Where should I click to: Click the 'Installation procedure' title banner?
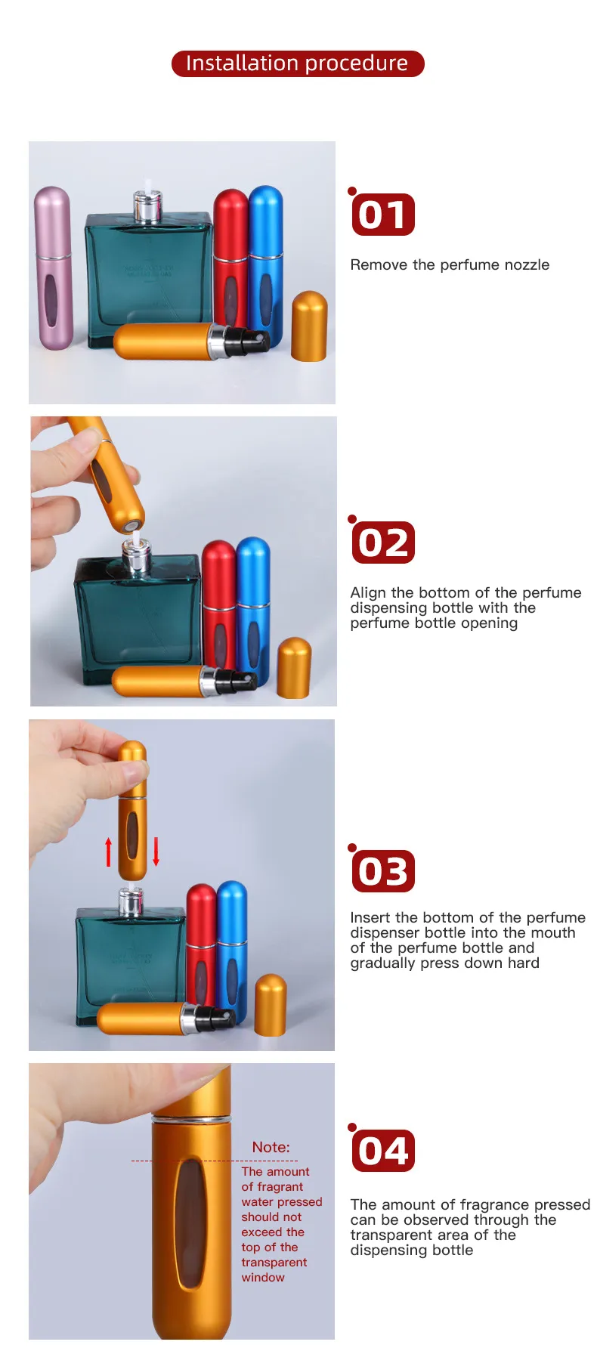pyautogui.click(x=298, y=63)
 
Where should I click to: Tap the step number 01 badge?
pyautogui.click(x=383, y=215)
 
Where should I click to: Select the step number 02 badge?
pyautogui.click(x=383, y=543)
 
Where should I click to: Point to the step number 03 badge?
pyautogui.click(x=383, y=870)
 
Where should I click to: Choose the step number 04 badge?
pyautogui.click(x=383, y=1151)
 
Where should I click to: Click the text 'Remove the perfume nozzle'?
pyautogui.click(x=450, y=264)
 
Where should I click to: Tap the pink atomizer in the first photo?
pyautogui.click(x=53, y=267)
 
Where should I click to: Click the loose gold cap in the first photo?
pyautogui.click(x=309, y=326)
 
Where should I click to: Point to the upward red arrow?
pyautogui.click(x=108, y=852)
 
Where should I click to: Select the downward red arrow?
pyautogui.click(x=156, y=852)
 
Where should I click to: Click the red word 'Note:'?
pyautogui.click(x=271, y=1147)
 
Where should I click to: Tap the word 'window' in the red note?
pyautogui.click(x=263, y=1278)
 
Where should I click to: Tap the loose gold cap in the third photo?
pyautogui.click(x=271, y=1005)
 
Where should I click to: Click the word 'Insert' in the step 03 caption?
pyautogui.click(x=370, y=917)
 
